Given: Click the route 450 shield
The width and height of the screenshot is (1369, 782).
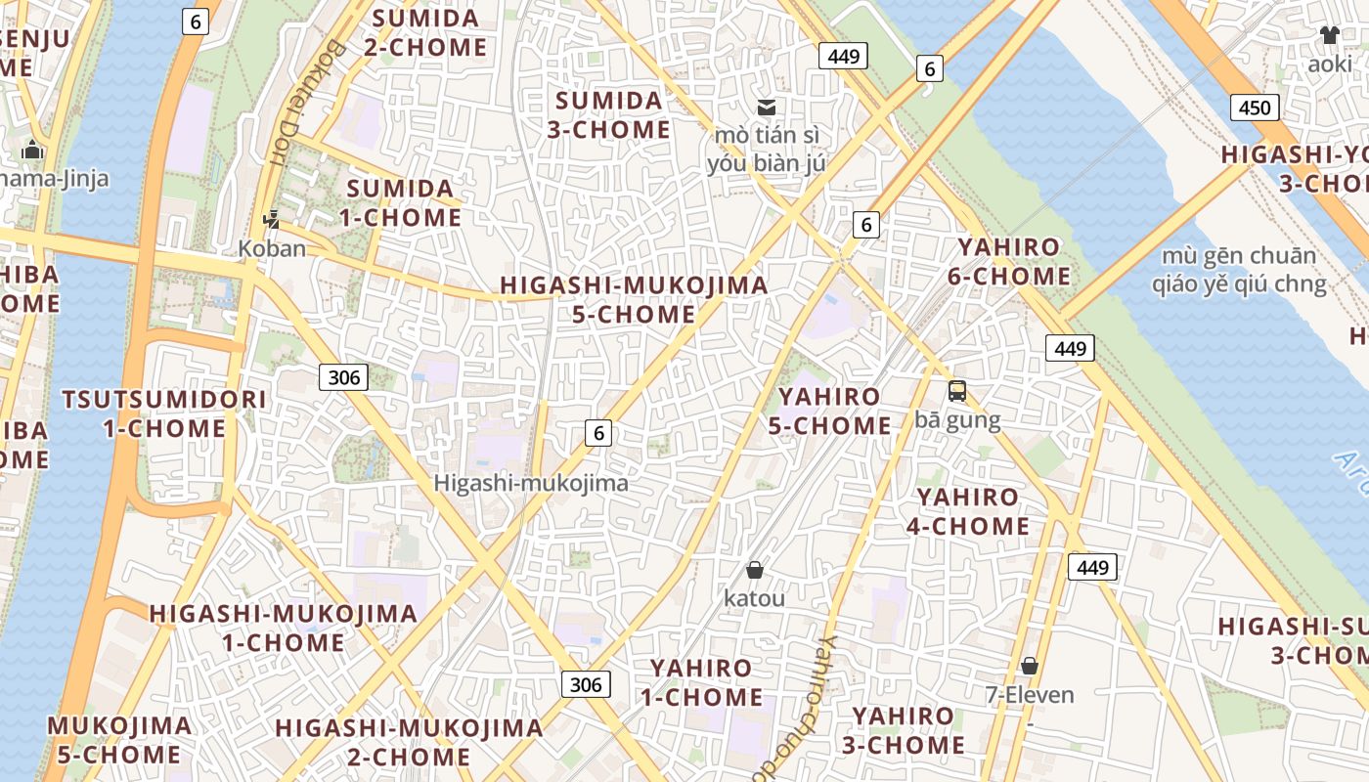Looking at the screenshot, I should coord(1254,108).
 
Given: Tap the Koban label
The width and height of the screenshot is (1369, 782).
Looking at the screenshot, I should coord(272,248).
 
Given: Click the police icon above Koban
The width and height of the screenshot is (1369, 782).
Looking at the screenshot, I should coord(272,220).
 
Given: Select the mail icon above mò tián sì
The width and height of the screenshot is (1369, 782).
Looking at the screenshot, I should coord(767,107).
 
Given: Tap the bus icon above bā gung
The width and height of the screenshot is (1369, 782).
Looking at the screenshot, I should coord(957,391).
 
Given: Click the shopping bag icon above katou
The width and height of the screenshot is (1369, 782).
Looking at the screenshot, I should coord(754,569).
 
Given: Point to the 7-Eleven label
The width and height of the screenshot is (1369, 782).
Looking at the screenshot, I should coord(1029,695).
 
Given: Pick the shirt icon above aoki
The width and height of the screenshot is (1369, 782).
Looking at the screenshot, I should coord(1329,36).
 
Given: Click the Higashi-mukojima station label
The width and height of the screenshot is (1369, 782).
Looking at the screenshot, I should coord(531,483).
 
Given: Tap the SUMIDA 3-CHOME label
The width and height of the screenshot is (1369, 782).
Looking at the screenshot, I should coord(609,114).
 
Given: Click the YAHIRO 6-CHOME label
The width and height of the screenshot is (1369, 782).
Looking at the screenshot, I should coord(1009,261).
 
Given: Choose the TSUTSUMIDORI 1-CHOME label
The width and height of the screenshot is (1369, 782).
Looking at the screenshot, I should coord(164,413).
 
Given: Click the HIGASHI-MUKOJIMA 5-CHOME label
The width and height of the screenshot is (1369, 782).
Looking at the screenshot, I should coord(635,299).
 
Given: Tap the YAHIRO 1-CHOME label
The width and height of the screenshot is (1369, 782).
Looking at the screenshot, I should coord(702,682).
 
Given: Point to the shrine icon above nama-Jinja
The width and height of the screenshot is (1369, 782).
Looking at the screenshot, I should coord(32,150).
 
